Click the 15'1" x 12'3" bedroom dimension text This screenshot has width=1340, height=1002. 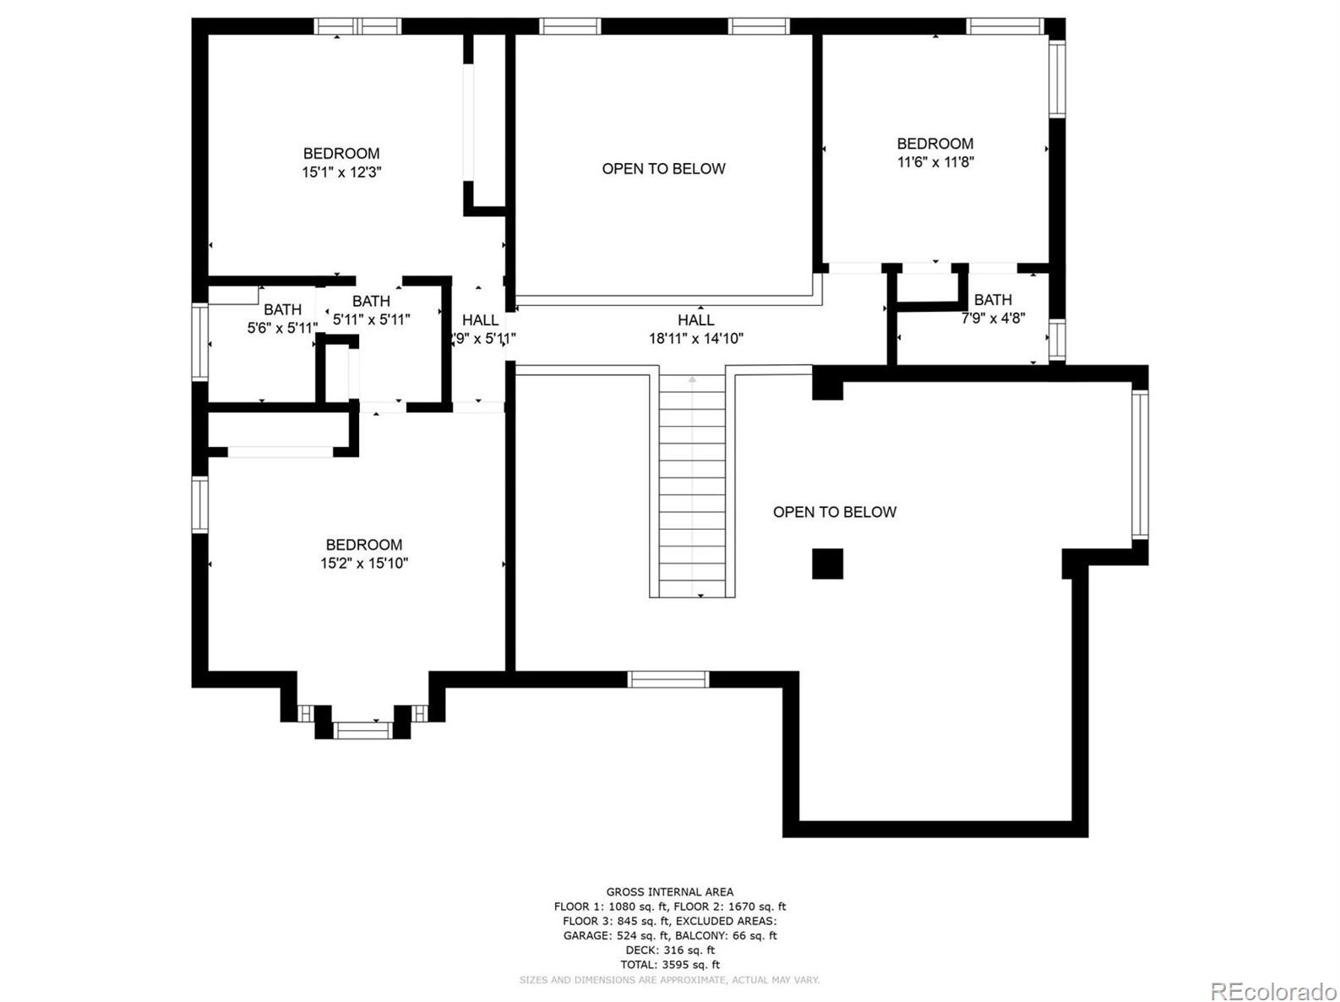click(341, 172)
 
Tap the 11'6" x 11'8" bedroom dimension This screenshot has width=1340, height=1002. click(935, 161)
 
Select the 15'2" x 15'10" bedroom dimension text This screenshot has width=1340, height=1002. click(364, 563)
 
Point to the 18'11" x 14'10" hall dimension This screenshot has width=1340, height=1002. click(695, 338)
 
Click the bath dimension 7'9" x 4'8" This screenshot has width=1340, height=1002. click(993, 318)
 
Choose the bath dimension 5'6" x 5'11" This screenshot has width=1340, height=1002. click(282, 329)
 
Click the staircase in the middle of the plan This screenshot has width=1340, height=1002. click(692, 486)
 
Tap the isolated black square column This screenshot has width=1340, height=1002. click(827, 564)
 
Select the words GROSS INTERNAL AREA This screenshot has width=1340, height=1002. click(670, 891)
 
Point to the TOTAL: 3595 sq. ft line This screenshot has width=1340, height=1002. click(670, 965)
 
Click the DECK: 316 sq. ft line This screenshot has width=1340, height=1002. click(670, 950)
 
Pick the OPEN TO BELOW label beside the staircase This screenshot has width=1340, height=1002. click(835, 512)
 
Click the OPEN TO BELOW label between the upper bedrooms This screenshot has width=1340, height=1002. click(663, 169)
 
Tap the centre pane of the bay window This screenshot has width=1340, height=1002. click(362, 731)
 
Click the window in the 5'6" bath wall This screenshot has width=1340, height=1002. click(200, 342)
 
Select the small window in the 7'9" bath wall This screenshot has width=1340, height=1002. click(1057, 340)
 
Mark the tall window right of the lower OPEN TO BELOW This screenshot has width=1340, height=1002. click(1140, 465)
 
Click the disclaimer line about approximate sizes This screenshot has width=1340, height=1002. click(670, 980)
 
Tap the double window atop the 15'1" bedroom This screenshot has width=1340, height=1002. click(357, 26)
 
